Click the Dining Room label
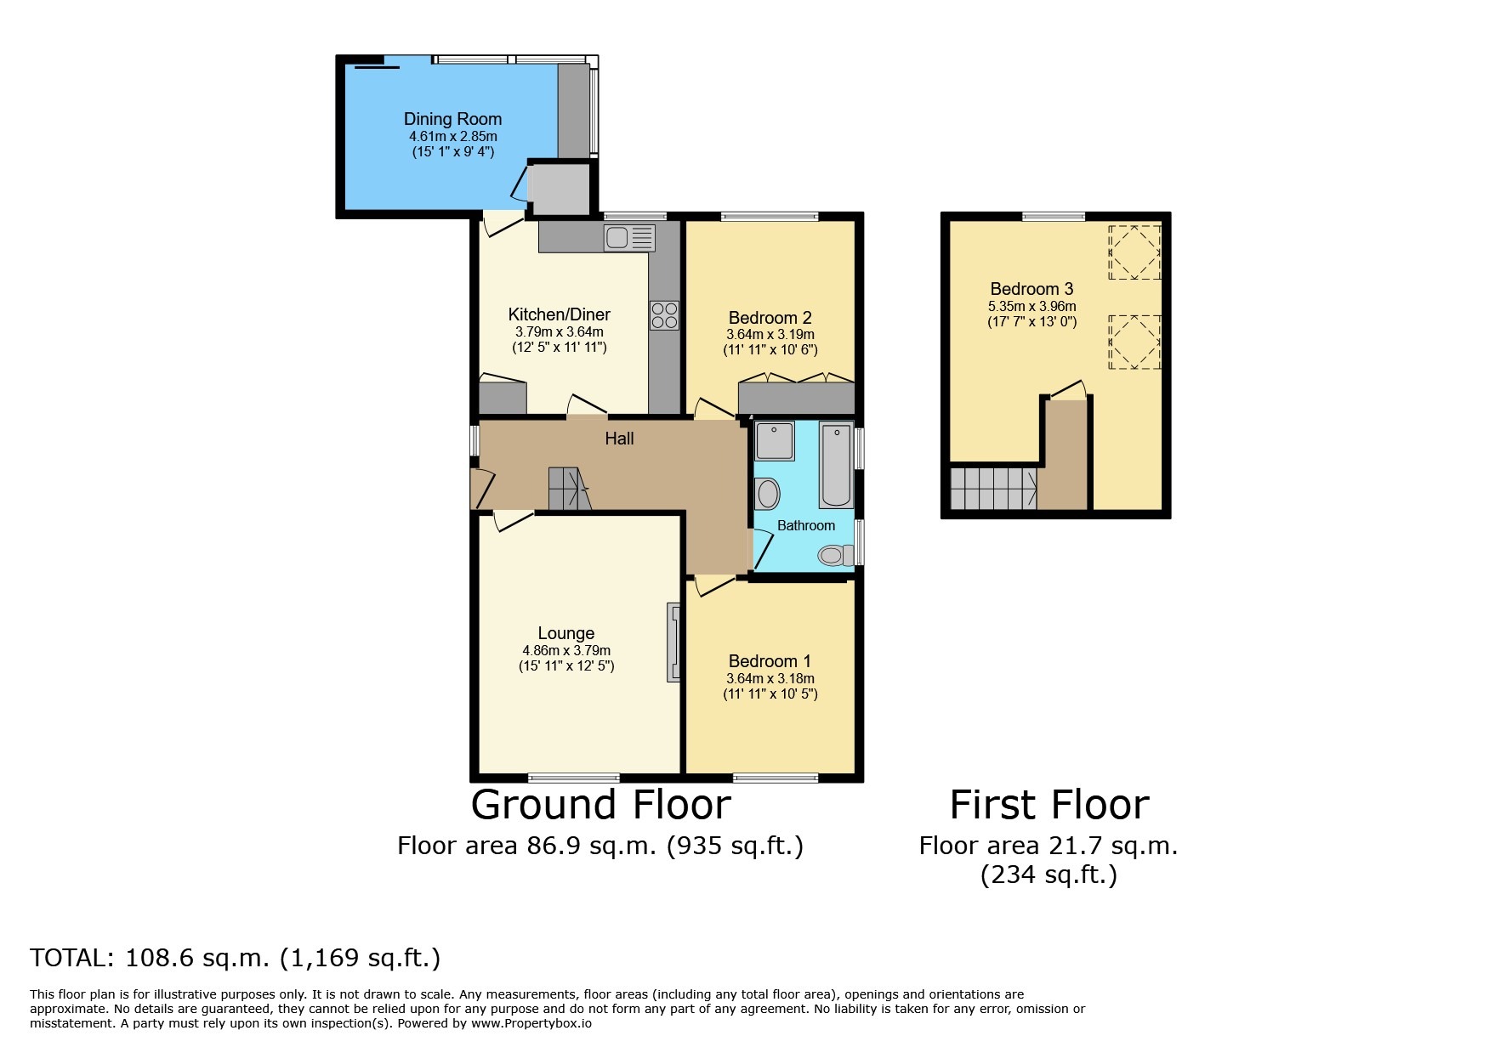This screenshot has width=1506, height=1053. pyautogui.click(x=452, y=119)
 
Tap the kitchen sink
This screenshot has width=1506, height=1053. pyautogui.click(x=629, y=238)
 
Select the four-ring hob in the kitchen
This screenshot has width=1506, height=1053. pyautogui.click(x=664, y=315)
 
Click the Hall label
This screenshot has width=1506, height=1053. pyautogui.click(x=619, y=439)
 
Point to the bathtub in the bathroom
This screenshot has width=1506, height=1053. pyautogui.click(x=837, y=464)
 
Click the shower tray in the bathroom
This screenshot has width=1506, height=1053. pyautogui.click(x=774, y=441)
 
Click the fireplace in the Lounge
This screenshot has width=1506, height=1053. pyautogui.click(x=673, y=643)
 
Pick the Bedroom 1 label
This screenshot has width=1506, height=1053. pyautogui.click(x=770, y=661)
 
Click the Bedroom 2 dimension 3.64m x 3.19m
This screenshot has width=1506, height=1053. pyautogui.click(x=770, y=335)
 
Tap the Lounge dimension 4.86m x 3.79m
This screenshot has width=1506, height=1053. pyautogui.click(x=566, y=651)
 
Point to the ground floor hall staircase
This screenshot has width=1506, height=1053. pyautogui.click(x=568, y=489)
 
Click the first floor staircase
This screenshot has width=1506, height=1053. pyautogui.click(x=993, y=489)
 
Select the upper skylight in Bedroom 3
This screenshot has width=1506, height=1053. pyautogui.click(x=1134, y=252)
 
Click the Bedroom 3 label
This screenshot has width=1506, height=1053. pyautogui.click(x=1031, y=289)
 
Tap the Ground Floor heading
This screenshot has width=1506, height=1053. pyautogui.click(x=600, y=805)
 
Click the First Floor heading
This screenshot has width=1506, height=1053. pyautogui.click(x=1049, y=805)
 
